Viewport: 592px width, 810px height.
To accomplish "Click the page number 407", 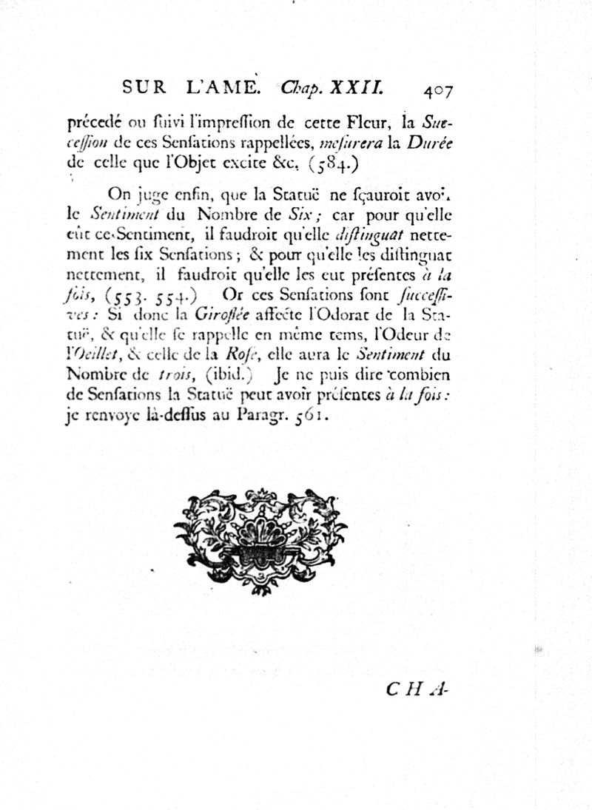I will tap(438, 90).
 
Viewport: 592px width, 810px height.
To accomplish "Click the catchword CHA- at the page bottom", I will tap(418, 689).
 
